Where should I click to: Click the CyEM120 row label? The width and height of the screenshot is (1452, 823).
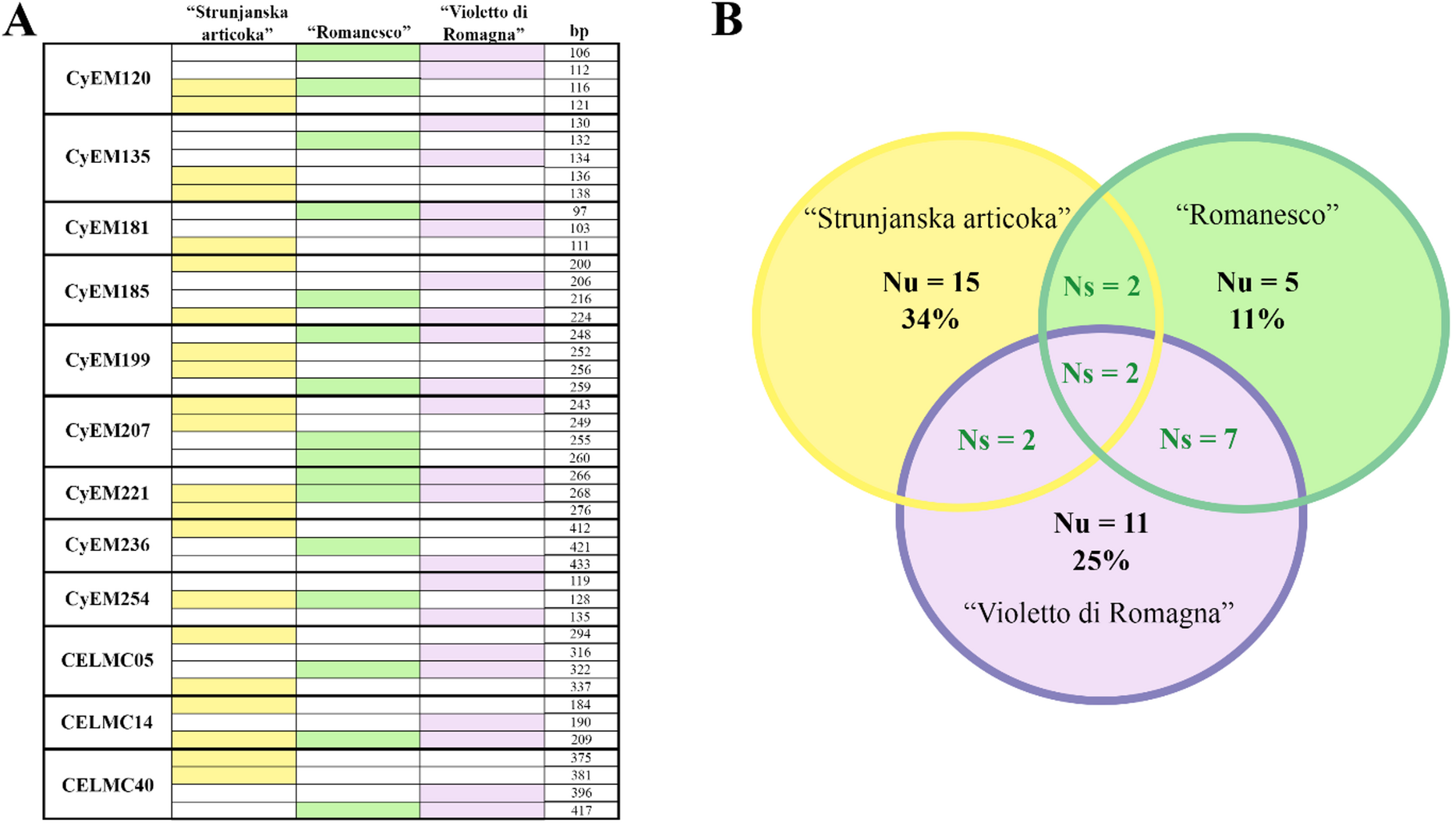(108, 79)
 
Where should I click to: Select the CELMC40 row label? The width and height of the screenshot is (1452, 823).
(108, 785)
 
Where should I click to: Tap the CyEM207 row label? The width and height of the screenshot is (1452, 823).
(108, 431)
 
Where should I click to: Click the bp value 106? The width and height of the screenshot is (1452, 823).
(579, 53)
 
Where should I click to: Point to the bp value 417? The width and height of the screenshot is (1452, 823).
(580, 811)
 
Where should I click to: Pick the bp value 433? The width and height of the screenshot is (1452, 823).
(580, 564)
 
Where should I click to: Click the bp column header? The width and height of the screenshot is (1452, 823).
(579, 31)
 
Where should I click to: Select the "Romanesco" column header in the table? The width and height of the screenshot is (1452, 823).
(358, 32)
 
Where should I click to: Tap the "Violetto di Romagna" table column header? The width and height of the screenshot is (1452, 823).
(482, 23)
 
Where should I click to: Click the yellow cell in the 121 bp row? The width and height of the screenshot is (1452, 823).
(234, 105)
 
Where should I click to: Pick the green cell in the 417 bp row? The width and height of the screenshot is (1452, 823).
(358, 811)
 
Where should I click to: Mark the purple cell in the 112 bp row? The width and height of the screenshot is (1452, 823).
(482, 70)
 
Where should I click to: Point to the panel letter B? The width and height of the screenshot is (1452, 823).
(727, 20)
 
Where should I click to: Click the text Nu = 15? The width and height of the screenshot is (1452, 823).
(931, 282)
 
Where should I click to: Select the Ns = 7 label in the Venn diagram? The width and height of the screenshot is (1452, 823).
(1198, 440)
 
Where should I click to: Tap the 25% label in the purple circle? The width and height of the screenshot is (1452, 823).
(1101, 561)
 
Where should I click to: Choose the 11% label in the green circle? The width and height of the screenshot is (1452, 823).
(1257, 319)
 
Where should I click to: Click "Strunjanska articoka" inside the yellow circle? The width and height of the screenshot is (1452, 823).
(937, 219)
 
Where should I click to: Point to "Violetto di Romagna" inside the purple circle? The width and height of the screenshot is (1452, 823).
(1099, 614)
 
